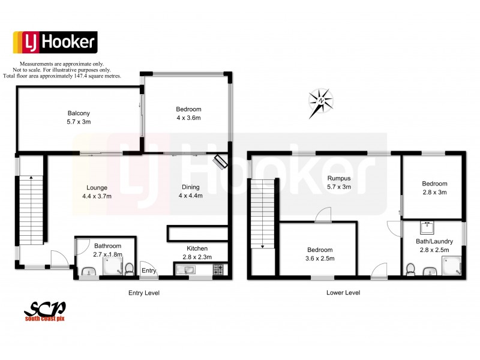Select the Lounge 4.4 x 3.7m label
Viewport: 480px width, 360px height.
tap(97, 191)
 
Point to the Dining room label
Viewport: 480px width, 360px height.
tap(191, 191)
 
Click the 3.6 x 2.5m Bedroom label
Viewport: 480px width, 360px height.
tap(320, 254)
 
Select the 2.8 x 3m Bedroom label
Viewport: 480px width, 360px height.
tap(434, 188)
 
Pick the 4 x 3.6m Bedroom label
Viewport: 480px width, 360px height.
tap(188, 113)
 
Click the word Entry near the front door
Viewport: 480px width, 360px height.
tap(149, 271)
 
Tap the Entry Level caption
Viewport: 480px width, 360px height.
tap(144, 293)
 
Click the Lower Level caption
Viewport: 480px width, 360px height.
tap(343, 293)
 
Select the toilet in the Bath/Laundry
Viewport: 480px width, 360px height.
tap(411, 269)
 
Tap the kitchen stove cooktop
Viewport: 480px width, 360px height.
tap(217, 271)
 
